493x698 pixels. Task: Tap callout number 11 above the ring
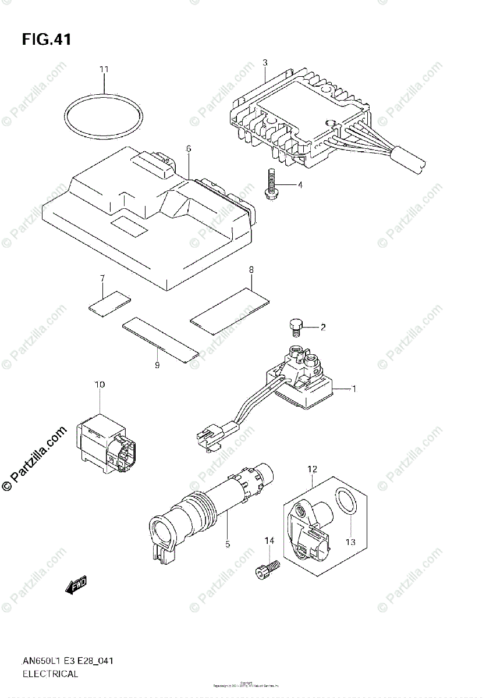[x=104, y=69]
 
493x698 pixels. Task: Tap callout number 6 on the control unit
[x=189, y=149]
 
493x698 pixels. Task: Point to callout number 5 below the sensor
[x=228, y=544]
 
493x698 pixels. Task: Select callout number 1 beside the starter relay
[x=353, y=389]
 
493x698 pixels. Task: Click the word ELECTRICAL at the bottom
[x=50, y=675]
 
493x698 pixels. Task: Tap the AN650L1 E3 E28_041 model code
[x=68, y=661]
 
